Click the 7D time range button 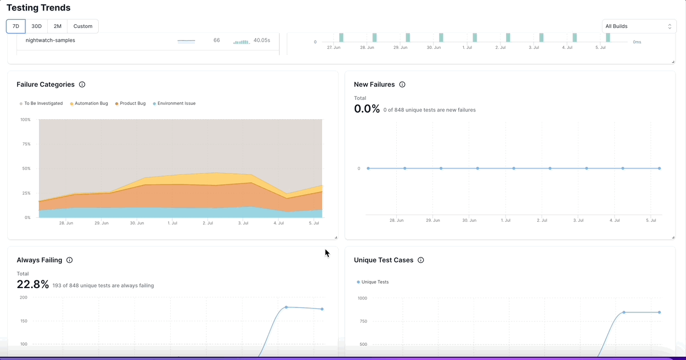click(x=16, y=26)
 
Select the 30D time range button click(x=36, y=26)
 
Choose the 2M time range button click(x=58, y=26)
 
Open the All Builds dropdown click(x=639, y=26)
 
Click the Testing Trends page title click(x=38, y=8)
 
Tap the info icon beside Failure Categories click(x=82, y=85)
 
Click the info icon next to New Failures click(x=402, y=85)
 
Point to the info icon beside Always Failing click(x=70, y=260)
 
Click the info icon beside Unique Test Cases click(x=421, y=260)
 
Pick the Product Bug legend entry click(x=132, y=103)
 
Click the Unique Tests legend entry click(x=375, y=282)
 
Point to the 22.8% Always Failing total click(x=32, y=284)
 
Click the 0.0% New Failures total click(x=367, y=109)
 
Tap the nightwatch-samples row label click(x=50, y=40)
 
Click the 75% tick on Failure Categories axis click(x=26, y=144)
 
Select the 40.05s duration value click(x=262, y=40)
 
